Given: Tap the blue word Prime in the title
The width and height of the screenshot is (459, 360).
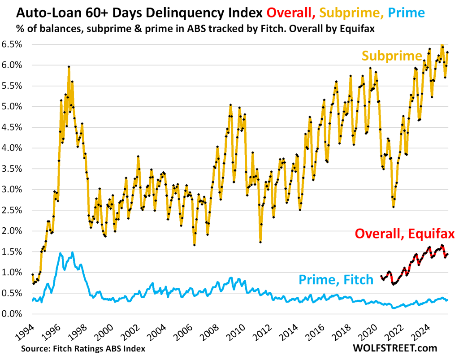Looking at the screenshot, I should coord(405,12).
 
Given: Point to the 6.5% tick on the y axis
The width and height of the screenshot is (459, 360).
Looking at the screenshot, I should coord(14,44).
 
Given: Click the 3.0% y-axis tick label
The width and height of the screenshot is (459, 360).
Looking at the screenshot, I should coord(14,189).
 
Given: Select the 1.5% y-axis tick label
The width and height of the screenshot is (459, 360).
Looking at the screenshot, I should coord(14,252).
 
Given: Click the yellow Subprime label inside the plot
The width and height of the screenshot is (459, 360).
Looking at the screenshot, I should coord(392,56).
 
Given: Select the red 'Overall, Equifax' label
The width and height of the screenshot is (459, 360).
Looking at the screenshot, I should coord(405,234).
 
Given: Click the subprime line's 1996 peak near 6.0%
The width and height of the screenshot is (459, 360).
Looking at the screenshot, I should coord(69,67).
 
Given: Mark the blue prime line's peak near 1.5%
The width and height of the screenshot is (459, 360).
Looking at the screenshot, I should coord(72,252).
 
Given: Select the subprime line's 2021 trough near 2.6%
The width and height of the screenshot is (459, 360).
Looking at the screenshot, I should coord(393,206).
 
